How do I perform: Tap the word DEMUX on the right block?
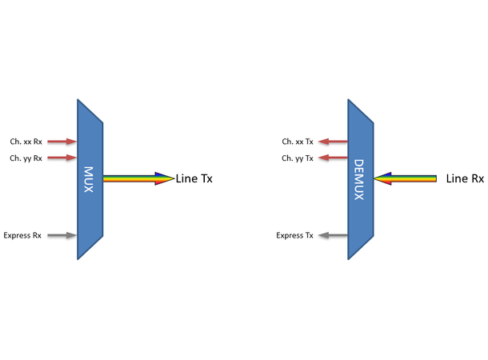[358, 178]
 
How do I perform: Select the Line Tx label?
[194, 178]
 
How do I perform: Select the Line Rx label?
[465, 178]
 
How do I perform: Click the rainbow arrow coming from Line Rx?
[406, 178]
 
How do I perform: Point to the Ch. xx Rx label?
[26, 142]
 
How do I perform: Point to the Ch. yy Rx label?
[26, 158]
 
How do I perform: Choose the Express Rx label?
[22, 235]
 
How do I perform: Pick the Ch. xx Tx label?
[298, 142]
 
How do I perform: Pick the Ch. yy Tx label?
[298, 158]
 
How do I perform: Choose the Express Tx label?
[294, 235]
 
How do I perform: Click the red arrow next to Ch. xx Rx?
[61, 142]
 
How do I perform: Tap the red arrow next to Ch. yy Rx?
[61, 158]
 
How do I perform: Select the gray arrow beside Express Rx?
[61, 235]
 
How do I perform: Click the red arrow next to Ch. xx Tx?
[332, 142]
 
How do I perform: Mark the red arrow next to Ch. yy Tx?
[332, 158]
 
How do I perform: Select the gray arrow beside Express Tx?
[332, 235]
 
